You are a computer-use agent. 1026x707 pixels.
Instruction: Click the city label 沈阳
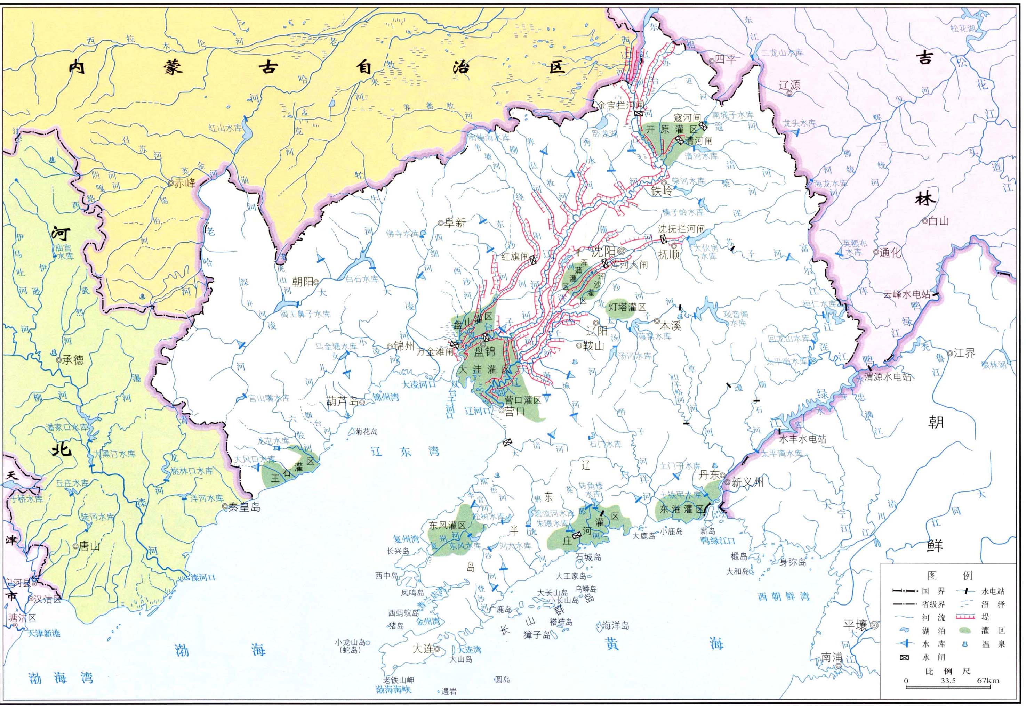pyautogui.click(x=604, y=252)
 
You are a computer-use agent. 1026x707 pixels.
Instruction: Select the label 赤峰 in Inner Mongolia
pyautogui.click(x=184, y=183)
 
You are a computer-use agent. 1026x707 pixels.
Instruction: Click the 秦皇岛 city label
pyautogui.click(x=245, y=507)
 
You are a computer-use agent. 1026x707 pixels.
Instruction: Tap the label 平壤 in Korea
pyautogui.click(x=855, y=625)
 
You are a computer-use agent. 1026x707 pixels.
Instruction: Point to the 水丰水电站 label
pyautogui.click(x=803, y=439)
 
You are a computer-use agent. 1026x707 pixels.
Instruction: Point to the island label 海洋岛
pyautogui.click(x=615, y=626)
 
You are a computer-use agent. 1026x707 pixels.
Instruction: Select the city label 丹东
pyautogui.click(x=710, y=475)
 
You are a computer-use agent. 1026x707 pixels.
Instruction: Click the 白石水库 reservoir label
pyautogui.click(x=362, y=279)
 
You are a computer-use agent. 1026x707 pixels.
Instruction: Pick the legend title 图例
pyautogui.click(x=948, y=575)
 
